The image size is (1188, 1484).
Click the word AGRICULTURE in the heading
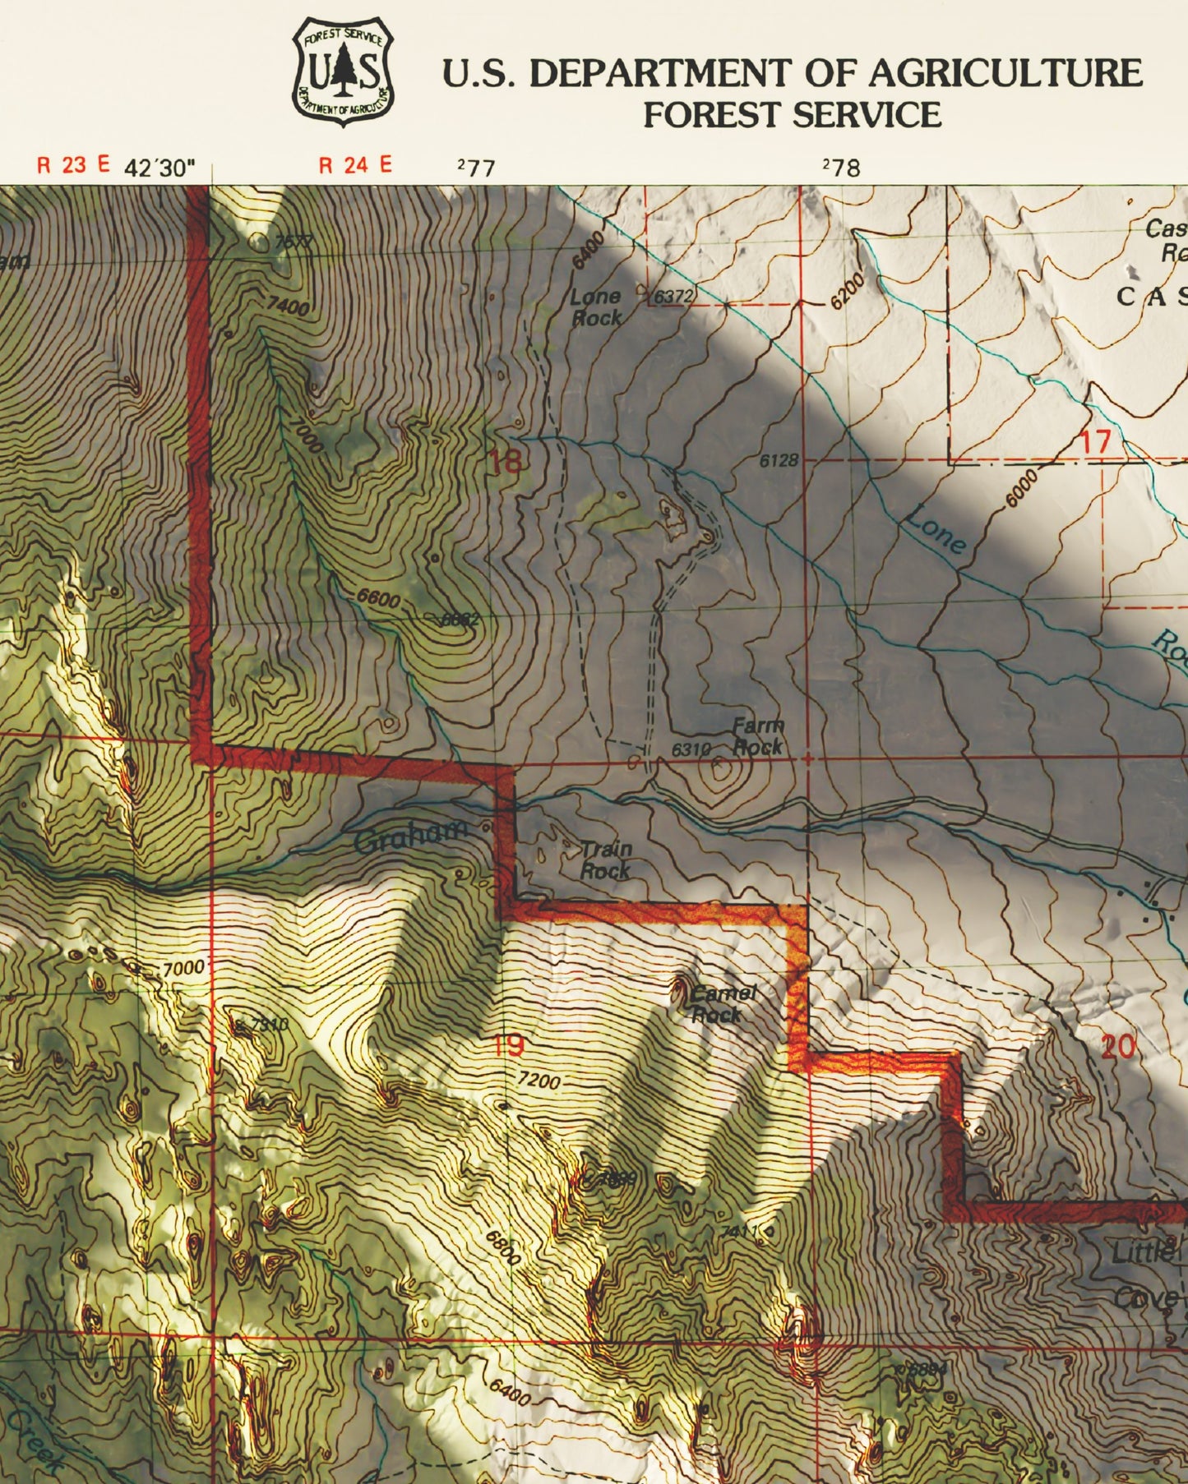tap(1005, 74)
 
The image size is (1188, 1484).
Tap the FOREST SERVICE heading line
tap(792, 114)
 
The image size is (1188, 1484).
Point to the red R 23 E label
tap(73, 165)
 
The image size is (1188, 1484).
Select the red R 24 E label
tap(355, 165)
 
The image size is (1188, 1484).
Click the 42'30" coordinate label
tap(160, 168)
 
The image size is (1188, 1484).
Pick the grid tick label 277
tap(477, 168)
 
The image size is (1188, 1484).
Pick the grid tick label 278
tap(842, 168)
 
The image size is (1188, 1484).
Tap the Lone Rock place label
tap(596, 307)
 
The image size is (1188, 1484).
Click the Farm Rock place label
tap(757, 736)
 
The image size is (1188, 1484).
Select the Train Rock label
tap(606, 860)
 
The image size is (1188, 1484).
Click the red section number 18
tap(506, 462)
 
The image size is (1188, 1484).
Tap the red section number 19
tap(507, 1047)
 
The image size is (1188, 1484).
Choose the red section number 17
tap(1095, 442)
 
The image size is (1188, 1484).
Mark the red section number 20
tap(1118, 1047)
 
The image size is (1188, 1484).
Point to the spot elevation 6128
tap(778, 461)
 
